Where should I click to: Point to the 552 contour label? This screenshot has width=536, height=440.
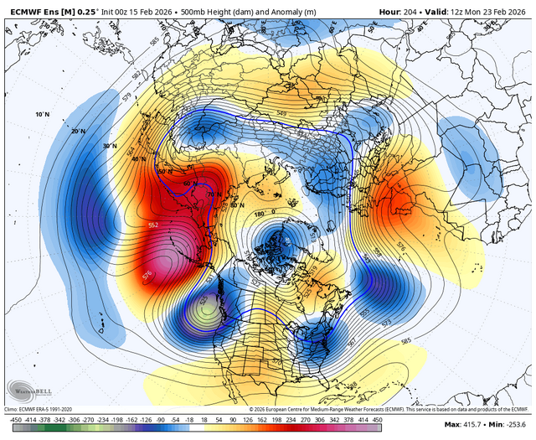(x=153, y=226)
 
